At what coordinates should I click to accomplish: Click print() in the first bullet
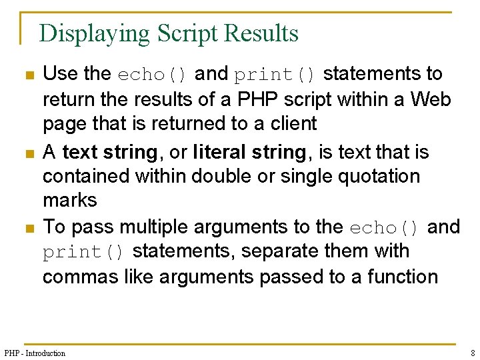coord(275,74)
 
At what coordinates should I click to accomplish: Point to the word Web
coord(431,99)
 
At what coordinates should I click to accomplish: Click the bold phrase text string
coord(109,153)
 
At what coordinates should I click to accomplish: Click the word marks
coord(69,200)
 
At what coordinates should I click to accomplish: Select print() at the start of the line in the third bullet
coord(83,252)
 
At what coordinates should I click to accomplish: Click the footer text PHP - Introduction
coord(35,353)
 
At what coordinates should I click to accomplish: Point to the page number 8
coord(472,353)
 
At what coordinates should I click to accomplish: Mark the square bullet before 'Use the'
coord(28,75)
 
